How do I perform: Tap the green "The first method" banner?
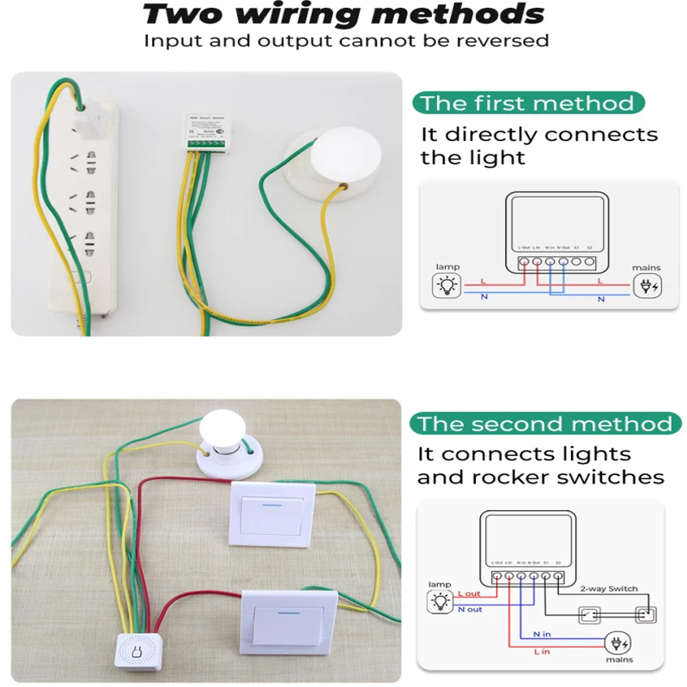point(527,104)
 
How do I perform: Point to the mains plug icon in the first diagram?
point(647,286)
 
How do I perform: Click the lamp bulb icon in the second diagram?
point(440,600)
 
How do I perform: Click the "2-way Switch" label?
point(609,588)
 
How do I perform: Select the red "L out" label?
point(469,593)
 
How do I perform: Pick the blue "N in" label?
point(543,634)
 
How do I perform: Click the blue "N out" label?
point(470,609)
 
